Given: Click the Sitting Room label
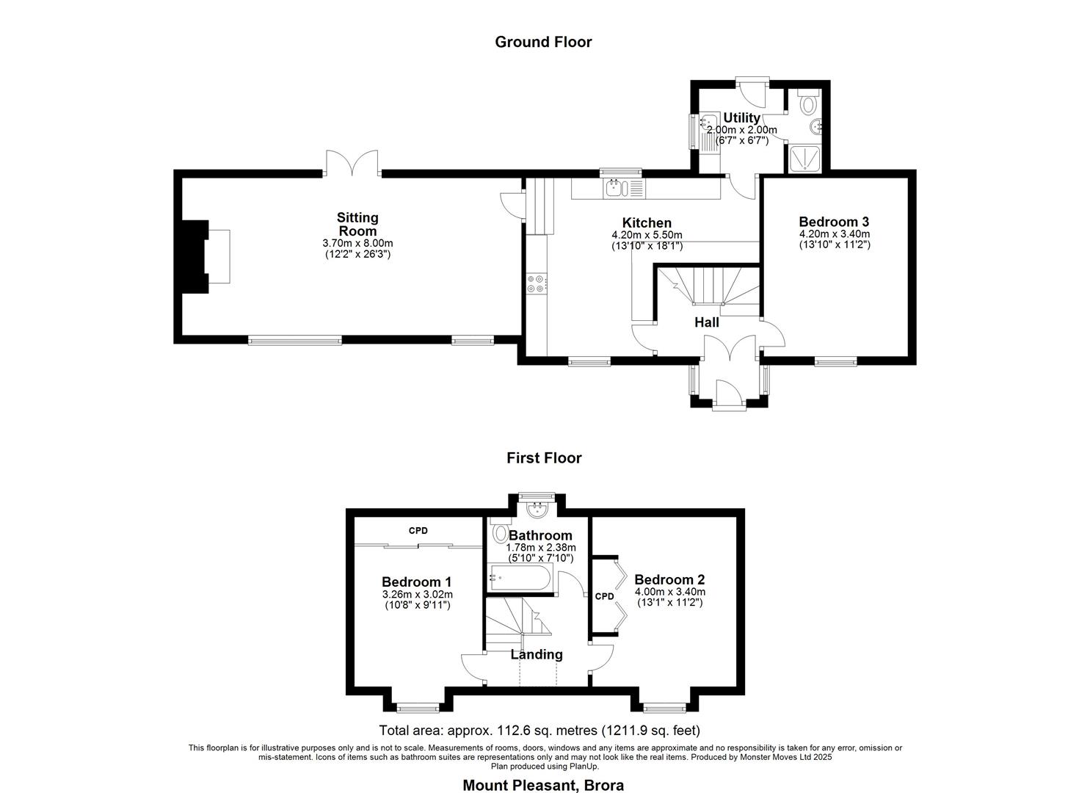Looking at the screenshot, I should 357,224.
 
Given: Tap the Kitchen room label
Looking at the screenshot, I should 647,223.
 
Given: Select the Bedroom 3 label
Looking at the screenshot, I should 834,222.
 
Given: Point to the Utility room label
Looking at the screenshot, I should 741,118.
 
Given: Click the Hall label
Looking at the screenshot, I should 707,322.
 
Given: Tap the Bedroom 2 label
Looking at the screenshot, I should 669,579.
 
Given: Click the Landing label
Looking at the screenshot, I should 537,654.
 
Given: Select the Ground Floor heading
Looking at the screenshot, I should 543,42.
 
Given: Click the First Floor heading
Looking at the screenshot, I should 544,458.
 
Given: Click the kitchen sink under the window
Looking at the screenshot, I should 615,189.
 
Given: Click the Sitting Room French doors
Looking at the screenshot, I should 353,163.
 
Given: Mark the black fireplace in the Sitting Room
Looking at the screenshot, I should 192,256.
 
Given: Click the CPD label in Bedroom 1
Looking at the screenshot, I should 418,531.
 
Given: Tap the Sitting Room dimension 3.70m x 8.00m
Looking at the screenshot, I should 357,243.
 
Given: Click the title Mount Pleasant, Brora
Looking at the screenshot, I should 543,785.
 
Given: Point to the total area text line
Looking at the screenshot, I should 539,731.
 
